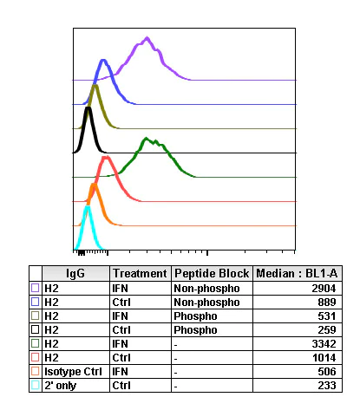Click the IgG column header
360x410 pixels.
coord(75,272)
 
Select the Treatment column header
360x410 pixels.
coord(140,272)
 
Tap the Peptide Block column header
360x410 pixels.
coord(212,272)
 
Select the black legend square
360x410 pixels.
coord(35,329)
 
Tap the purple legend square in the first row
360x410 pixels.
coord(35,286)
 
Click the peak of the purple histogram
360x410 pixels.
coord(148,38)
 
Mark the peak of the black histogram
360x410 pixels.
coord(88,108)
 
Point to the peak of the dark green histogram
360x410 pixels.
coord(147,138)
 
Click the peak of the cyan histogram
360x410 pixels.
coord(87,206)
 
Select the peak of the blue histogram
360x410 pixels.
coord(103,61)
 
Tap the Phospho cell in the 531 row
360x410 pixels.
coord(194,315)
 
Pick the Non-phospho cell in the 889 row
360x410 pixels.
coord(206,300)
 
